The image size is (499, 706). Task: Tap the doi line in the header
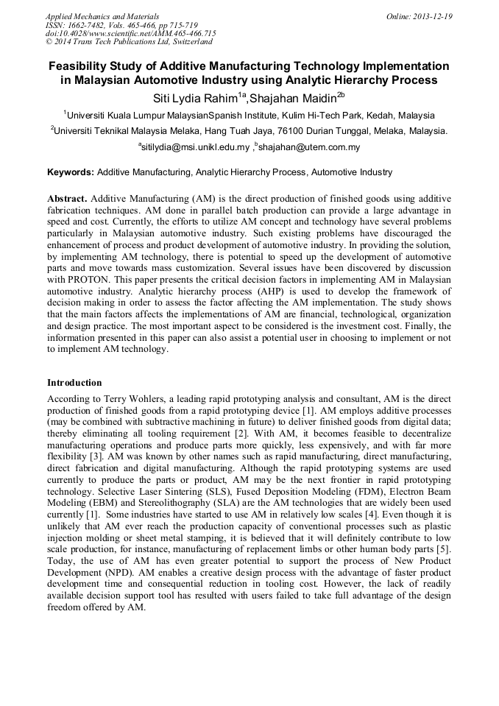(130, 34)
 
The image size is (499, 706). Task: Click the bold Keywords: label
(71, 172)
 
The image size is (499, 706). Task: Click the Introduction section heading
(74, 383)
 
